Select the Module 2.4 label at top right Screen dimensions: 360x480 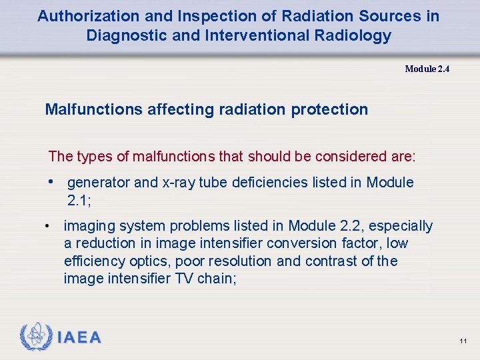click(x=427, y=69)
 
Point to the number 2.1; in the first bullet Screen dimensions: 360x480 click(x=80, y=200)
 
